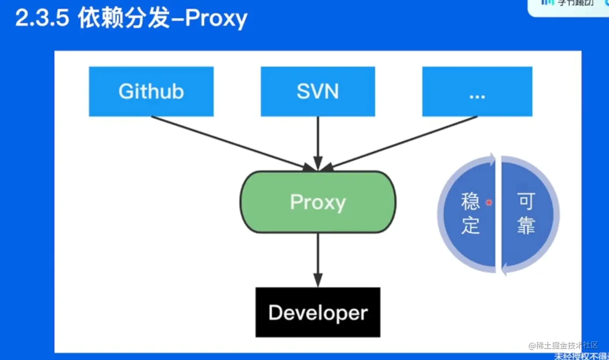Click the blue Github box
(151, 91)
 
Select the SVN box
(318, 91)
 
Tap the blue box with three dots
(477, 91)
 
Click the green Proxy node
(318, 202)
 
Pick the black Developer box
(318, 312)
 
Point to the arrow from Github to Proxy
(229, 142)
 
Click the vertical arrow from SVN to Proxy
(318, 141)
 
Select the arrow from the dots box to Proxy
(405, 142)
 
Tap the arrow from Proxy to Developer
(318, 260)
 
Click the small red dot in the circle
(488, 202)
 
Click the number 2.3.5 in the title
(42, 19)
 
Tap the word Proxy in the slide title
(216, 19)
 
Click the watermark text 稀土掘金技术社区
(568, 345)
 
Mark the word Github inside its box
(151, 91)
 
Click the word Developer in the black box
(318, 312)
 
